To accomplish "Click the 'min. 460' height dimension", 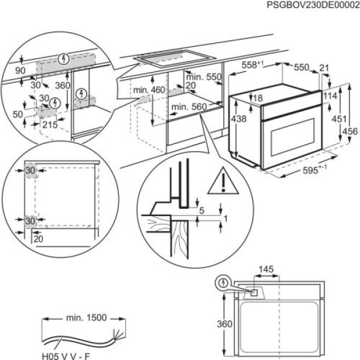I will point(149,89).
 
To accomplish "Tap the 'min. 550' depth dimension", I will point(204,77).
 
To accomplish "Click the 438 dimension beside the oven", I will point(239,119).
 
